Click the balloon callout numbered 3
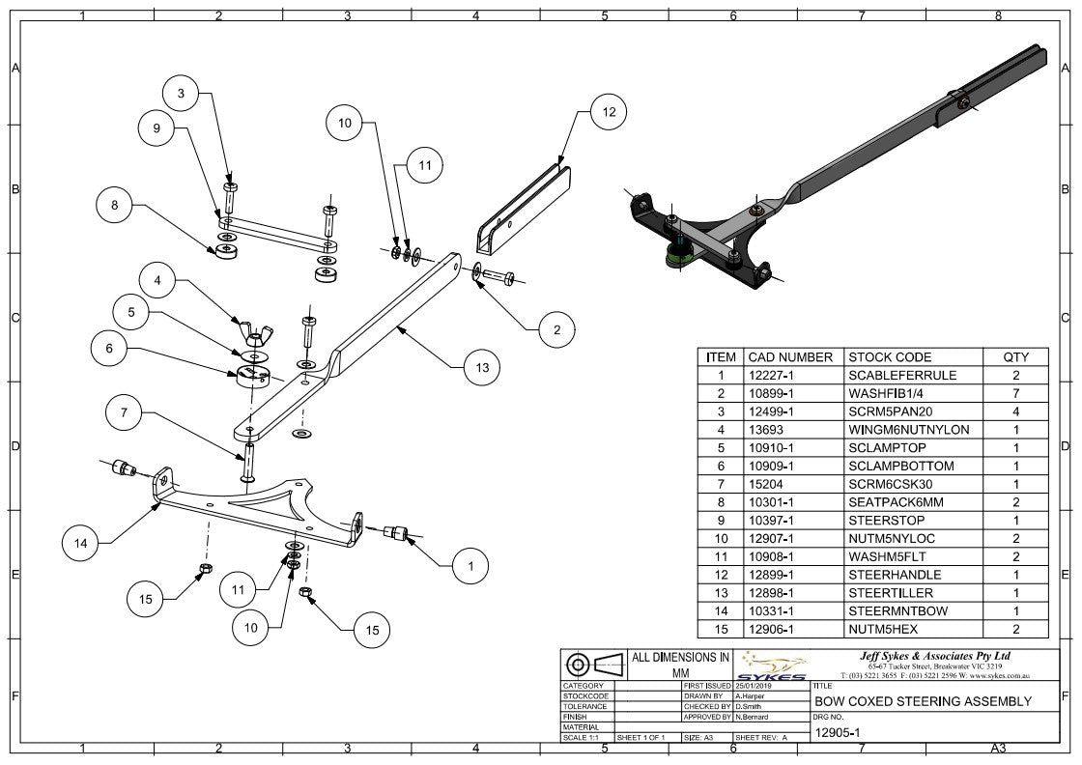pyautogui.click(x=181, y=94)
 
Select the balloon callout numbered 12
pyautogui.click(x=609, y=112)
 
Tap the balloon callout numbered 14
pyautogui.click(x=81, y=543)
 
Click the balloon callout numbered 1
pyautogui.click(x=471, y=567)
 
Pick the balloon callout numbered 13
pyautogui.click(x=482, y=367)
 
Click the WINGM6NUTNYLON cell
pyautogui.click(x=908, y=429)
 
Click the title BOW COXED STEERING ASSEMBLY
pyautogui.click(x=924, y=701)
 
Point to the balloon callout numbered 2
pyautogui.click(x=556, y=329)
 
